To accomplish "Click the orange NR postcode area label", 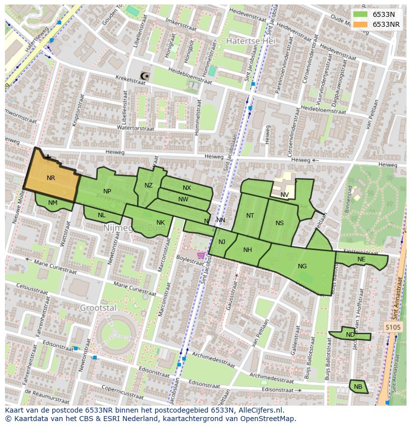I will pyautogui.click(x=51, y=178).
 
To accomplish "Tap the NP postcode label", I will pyautogui.click(x=107, y=191).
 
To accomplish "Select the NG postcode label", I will pyautogui.click(x=302, y=266).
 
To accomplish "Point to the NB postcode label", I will pyautogui.click(x=358, y=387).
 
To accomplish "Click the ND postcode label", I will pyautogui.click(x=350, y=335).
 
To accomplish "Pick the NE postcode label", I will pyautogui.click(x=361, y=259).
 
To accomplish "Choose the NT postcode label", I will pyautogui.click(x=250, y=216).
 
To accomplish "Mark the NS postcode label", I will pyautogui.click(x=279, y=223).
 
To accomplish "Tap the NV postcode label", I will pyautogui.click(x=284, y=195).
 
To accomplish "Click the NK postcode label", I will pyautogui.click(x=160, y=223).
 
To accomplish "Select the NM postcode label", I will pyautogui.click(x=53, y=202).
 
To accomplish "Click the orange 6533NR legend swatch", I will pyautogui.click(x=361, y=24).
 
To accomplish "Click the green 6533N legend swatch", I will pyautogui.click(x=361, y=14).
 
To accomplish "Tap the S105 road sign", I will pyautogui.click(x=393, y=327).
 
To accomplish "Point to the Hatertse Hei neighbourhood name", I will pyautogui.click(x=247, y=41).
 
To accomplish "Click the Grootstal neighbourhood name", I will pyautogui.click(x=98, y=307).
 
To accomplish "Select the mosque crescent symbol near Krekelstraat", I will pyautogui.click(x=144, y=76).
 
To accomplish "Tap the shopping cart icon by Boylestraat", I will pyautogui.click(x=201, y=255).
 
